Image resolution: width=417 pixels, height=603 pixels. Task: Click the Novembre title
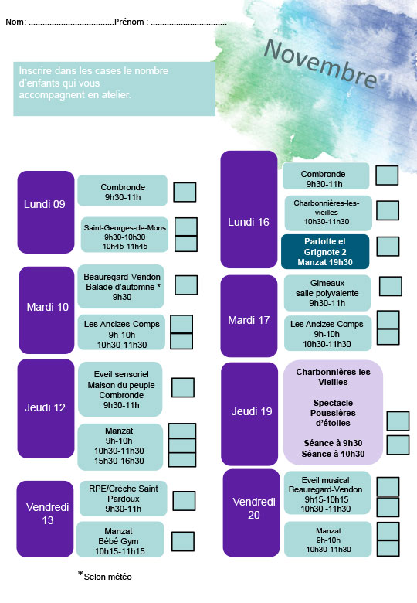click(321, 64)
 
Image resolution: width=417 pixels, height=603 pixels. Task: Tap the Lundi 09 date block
click(46, 212)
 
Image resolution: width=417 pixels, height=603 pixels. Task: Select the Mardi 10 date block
click(46, 310)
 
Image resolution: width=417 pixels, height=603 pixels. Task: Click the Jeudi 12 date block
click(46, 408)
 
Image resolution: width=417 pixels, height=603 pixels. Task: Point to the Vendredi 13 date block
click(45, 519)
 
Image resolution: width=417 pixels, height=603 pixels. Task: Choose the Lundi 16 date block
click(249, 210)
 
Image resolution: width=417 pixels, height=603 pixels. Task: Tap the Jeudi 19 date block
click(249, 414)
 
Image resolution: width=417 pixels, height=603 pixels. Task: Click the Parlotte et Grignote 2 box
click(325, 251)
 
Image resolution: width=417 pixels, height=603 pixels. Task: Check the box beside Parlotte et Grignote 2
click(388, 246)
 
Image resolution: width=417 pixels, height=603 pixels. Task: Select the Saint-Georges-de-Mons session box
click(124, 234)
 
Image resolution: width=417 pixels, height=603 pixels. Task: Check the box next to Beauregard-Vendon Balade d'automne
click(186, 285)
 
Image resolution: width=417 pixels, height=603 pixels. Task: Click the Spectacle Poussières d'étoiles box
click(333, 413)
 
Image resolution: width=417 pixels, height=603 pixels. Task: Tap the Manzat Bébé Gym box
click(120, 539)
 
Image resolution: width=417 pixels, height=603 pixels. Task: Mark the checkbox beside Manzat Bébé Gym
click(183, 541)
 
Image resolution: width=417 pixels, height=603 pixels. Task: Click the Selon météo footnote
click(105, 576)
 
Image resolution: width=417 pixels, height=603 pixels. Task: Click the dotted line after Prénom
click(188, 23)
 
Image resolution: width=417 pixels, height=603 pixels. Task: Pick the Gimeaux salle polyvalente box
click(327, 293)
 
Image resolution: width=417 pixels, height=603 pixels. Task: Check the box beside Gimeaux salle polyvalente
click(391, 286)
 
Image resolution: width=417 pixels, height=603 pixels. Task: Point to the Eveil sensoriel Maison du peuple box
click(120, 389)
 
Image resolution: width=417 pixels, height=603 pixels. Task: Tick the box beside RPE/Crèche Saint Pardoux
click(184, 501)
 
